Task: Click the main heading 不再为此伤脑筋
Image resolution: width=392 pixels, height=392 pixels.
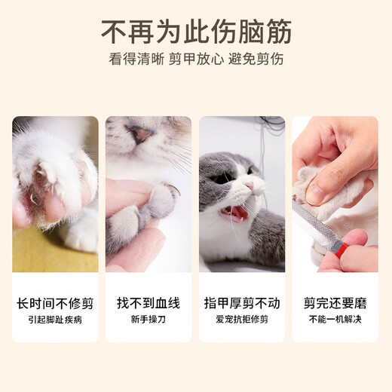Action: [x=196, y=32]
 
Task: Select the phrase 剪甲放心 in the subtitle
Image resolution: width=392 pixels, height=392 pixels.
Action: [x=196, y=60]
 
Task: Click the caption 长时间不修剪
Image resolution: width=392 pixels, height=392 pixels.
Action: [x=55, y=304]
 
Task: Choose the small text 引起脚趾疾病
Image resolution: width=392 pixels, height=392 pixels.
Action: [x=55, y=320]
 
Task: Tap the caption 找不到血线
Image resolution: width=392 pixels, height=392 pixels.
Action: [x=149, y=304]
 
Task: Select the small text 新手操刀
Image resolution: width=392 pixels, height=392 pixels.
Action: [x=149, y=320]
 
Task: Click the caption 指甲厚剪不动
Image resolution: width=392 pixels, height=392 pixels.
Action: [x=242, y=304]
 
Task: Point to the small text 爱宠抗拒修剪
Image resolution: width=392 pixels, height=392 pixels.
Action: [x=242, y=320]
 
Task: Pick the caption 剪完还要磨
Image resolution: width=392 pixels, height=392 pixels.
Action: [x=335, y=304]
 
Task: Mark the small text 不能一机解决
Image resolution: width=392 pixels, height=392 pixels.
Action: [x=335, y=320]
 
